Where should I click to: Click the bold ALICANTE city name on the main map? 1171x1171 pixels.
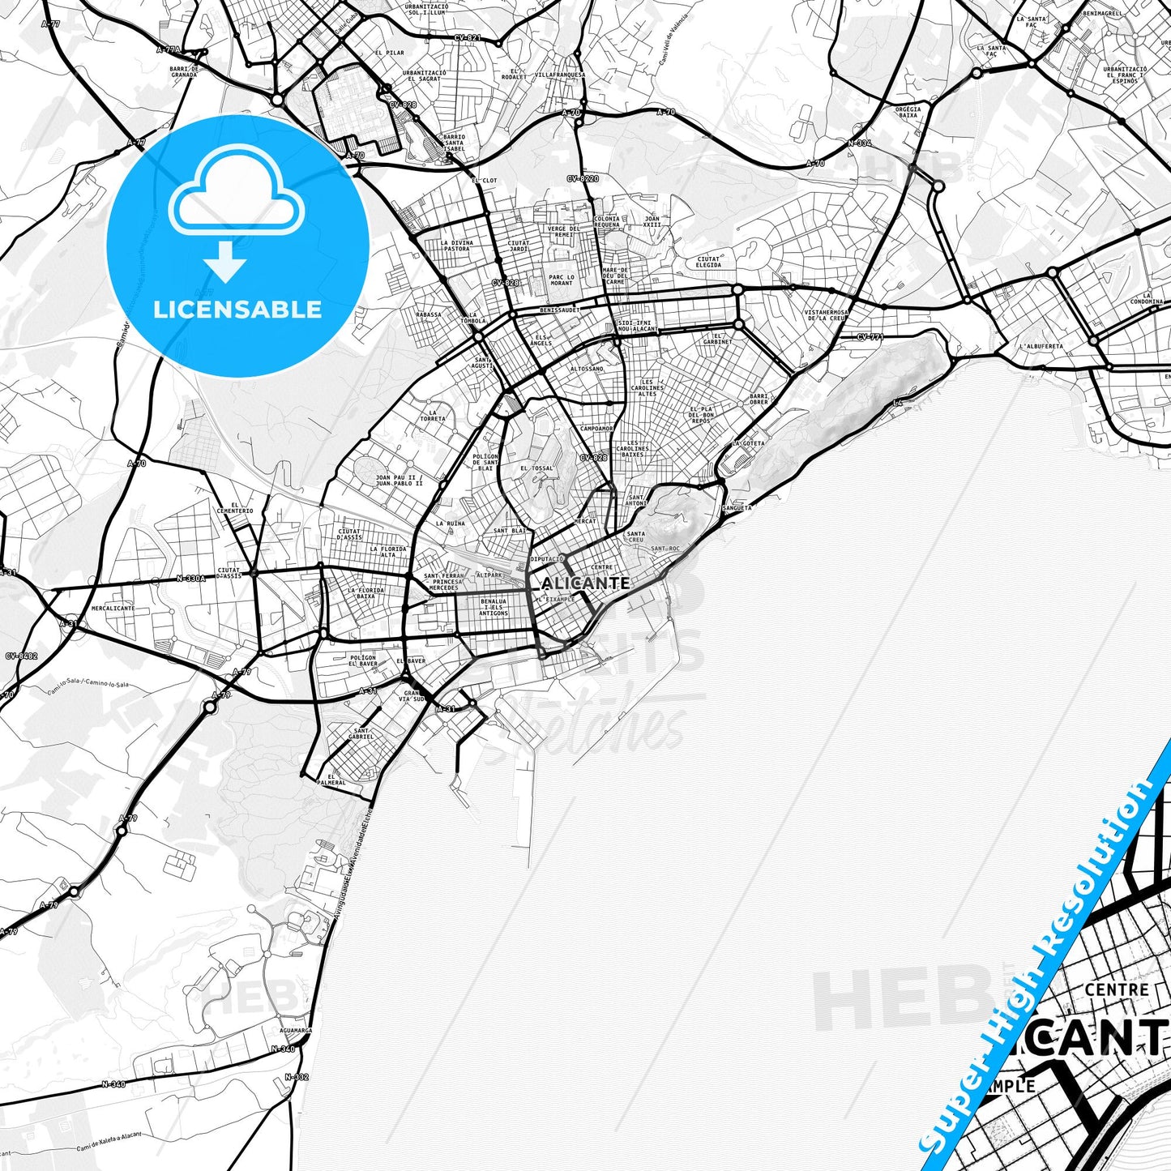point(585,583)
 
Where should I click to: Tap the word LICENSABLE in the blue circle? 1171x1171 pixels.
point(237,310)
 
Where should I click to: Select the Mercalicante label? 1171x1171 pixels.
point(113,608)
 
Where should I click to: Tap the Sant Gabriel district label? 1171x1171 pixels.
point(361,733)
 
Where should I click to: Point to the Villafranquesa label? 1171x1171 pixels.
point(559,74)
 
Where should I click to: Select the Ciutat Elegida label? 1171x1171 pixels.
point(708,262)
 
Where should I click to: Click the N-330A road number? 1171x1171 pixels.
point(191,579)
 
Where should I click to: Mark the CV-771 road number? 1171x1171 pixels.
point(869,337)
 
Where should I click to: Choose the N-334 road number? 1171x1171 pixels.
point(859,143)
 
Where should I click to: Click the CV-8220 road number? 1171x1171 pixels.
point(583,178)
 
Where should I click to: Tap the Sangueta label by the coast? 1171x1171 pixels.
point(737,507)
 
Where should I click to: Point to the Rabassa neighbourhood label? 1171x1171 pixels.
point(429,314)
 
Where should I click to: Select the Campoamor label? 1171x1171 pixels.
point(597,428)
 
